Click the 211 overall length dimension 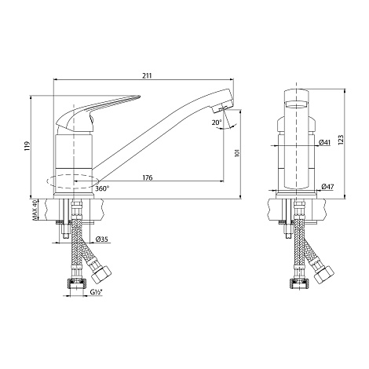pyautogui.click(x=147, y=75)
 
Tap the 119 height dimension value pyautogui.click(x=28, y=146)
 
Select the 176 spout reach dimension pyautogui.click(x=148, y=177)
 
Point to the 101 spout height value pyautogui.click(x=237, y=152)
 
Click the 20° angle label pyautogui.click(x=217, y=122)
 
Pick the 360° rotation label pyautogui.click(x=102, y=188)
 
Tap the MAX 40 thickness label pyautogui.click(x=34, y=210)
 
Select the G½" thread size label pyautogui.click(x=96, y=292)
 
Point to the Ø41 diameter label pyautogui.click(x=325, y=142)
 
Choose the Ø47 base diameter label pyautogui.click(x=327, y=187)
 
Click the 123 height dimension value pyautogui.click(x=341, y=140)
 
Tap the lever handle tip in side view pyautogui.click(x=139, y=97)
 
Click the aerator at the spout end pyautogui.click(x=222, y=108)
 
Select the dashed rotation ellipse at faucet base pyautogui.click(x=73, y=181)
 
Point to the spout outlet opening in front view pyautogui.click(x=296, y=105)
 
